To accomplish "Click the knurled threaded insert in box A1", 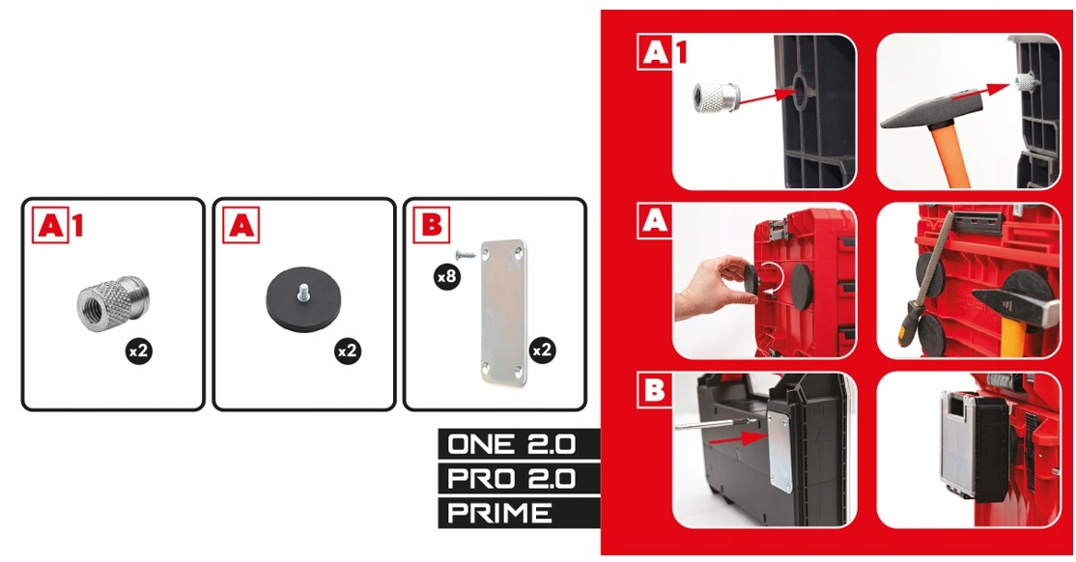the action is [113, 304].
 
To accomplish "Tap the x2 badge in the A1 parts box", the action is [139, 351].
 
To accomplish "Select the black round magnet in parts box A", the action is [303, 300].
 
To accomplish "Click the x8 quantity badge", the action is [447, 276].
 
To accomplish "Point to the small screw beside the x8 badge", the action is [466, 255].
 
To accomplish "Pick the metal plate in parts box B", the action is [504, 312].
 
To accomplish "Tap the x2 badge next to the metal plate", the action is [542, 351].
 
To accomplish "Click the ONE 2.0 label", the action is [511, 444].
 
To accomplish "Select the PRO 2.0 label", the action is [511, 478].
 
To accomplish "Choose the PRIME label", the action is [499, 513].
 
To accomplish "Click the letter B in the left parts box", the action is [432, 224].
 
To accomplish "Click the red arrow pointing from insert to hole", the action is [766, 98].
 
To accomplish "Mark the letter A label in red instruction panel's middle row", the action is [654, 221].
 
